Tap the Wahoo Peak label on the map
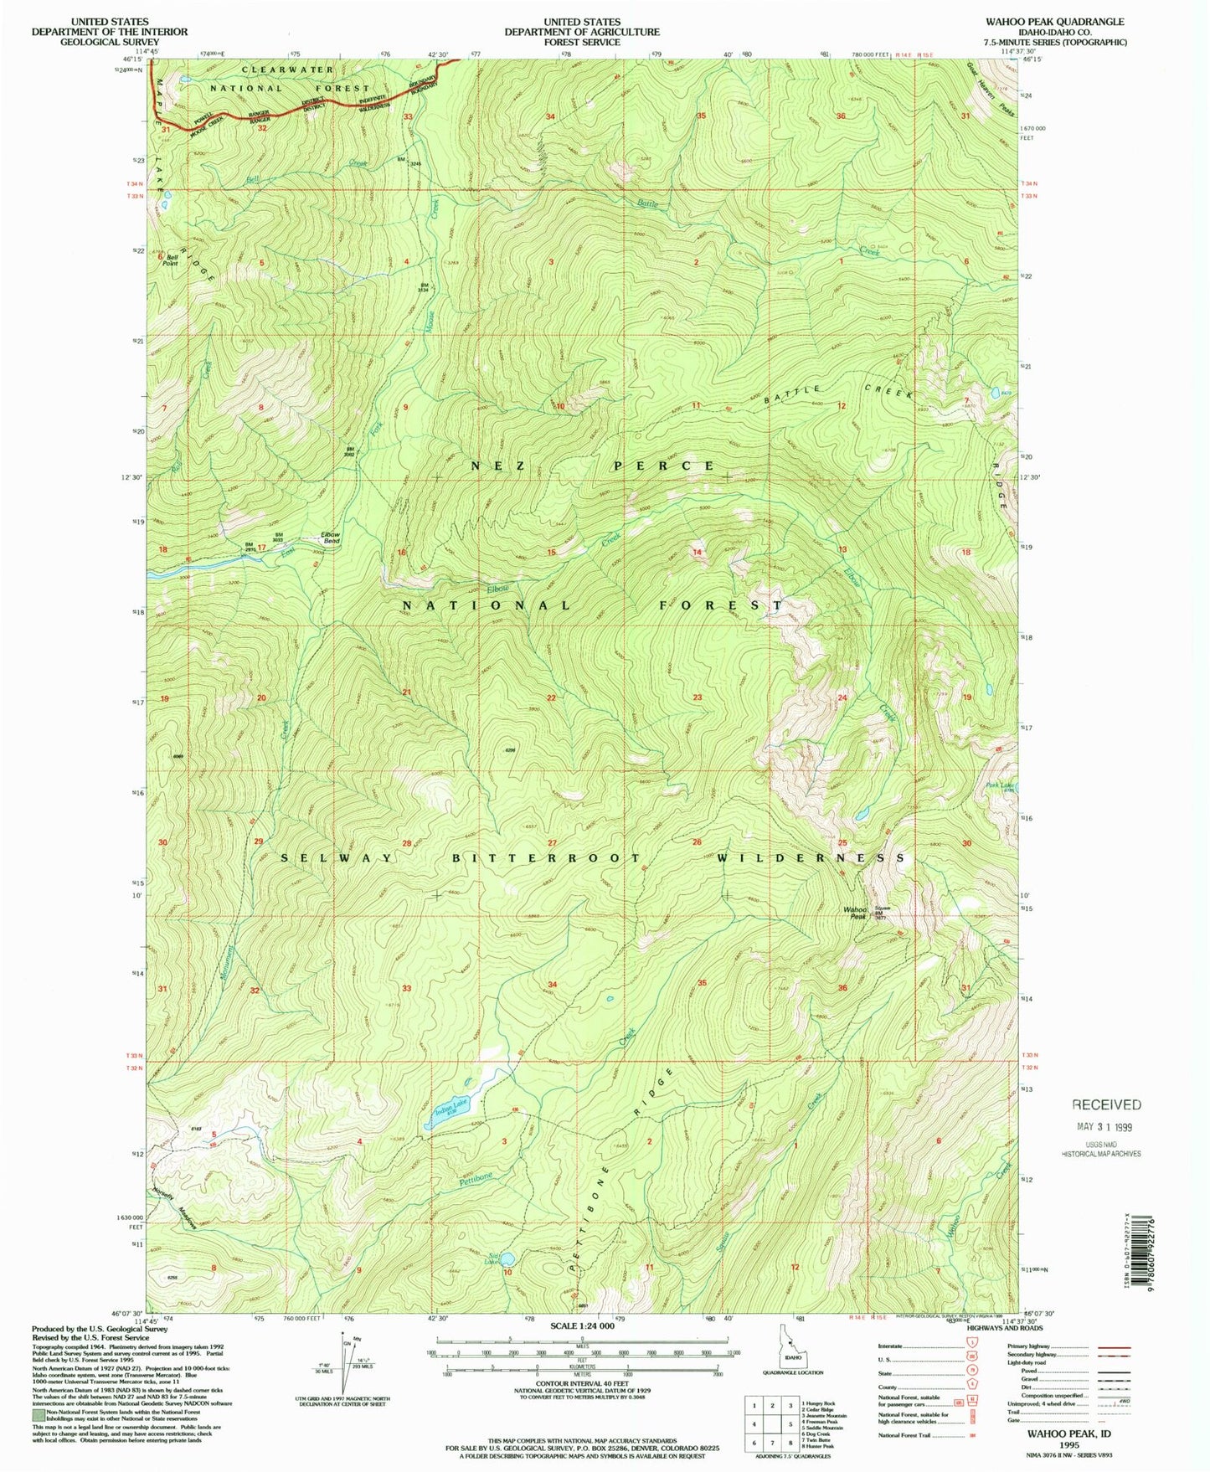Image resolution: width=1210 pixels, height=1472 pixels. tap(855, 913)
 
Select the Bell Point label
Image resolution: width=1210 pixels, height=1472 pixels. tap(172, 260)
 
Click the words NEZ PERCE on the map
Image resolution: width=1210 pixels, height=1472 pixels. tap(581, 465)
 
